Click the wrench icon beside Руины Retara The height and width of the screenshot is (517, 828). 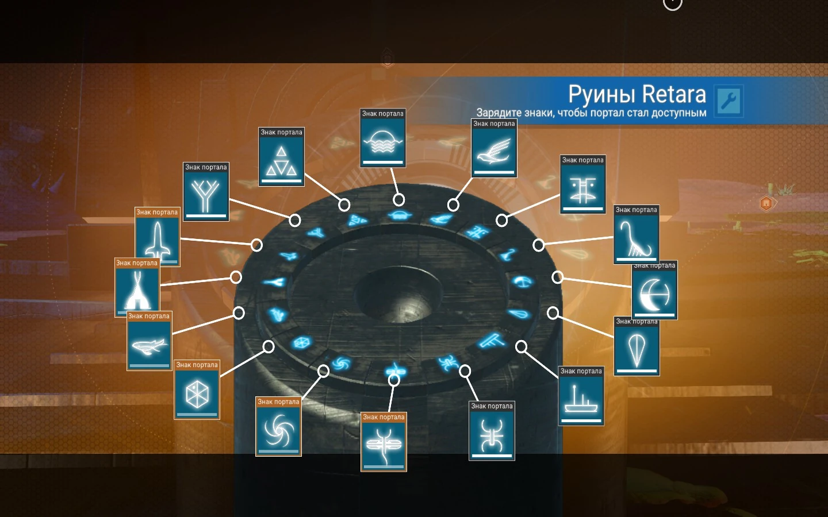coord(729,101)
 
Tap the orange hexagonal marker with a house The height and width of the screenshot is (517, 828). coord(766,203)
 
